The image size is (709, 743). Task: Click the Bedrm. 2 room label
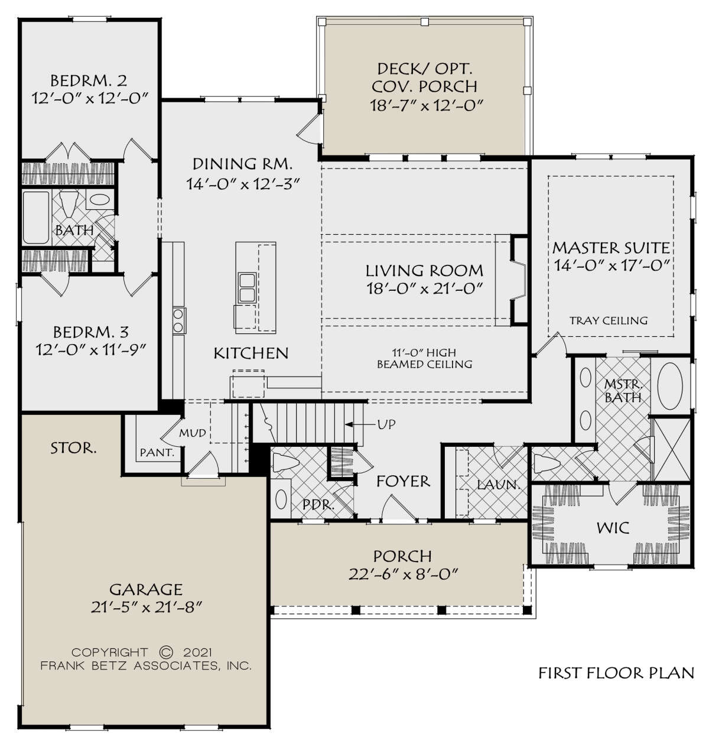click(x=88, y=80)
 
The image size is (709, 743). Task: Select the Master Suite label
click(x=611, y=247)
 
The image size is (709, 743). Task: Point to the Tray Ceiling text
click(x=609, y=321)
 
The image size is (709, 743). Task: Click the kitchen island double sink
click(x=247, y=287)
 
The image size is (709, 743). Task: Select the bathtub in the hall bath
click(x=35, y=217)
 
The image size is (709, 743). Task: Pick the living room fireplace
click(x=518, y=280)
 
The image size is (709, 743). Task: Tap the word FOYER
click(x=404, y=481)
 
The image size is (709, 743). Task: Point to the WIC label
click(x=613, y=527)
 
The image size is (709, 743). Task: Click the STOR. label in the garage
click(x=73, y=448)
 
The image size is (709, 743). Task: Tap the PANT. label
click(x=157, y=453)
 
